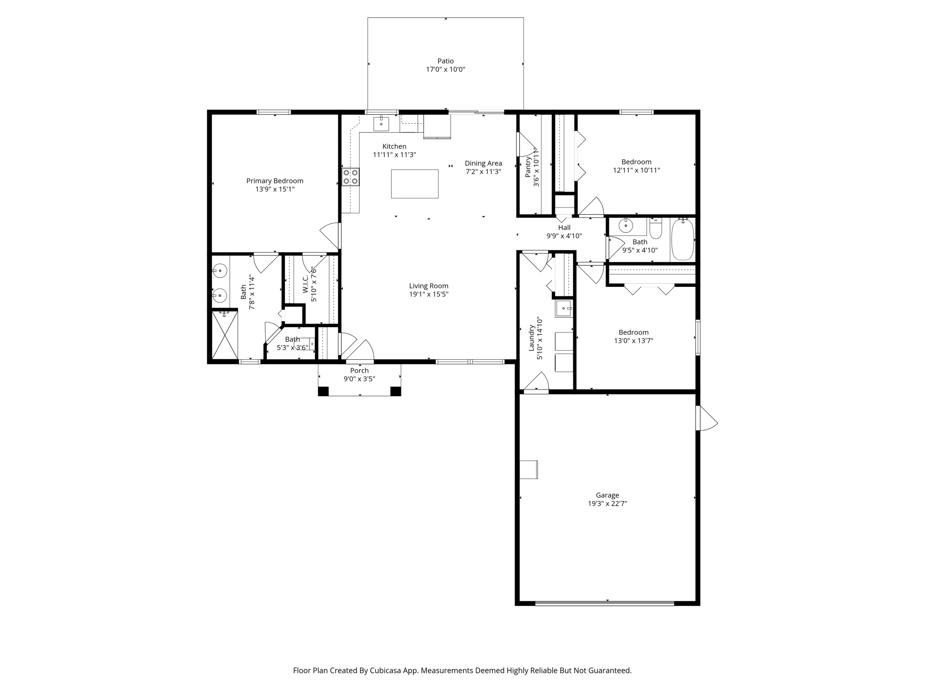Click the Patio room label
[x=445, y=61]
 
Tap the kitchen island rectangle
[x=415, y=184]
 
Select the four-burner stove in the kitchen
[x=350, y=177]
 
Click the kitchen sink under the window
[x=381, y=123]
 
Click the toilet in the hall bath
[x=655, y=229]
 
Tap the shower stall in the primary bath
[x=225, y=335]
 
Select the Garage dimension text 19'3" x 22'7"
[x=607, y=503]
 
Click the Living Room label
[x=429, y=286]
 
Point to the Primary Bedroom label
[x=275, y=181]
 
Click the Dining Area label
[x=483, y=163]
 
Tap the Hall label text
[x=564, y=228]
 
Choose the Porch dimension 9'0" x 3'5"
[x=360, y=379]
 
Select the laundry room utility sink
[x=564, y=309]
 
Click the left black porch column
[x=323, y=391]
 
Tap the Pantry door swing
[x=526, y=144]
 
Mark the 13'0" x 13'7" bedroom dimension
[x=633, y=341]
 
